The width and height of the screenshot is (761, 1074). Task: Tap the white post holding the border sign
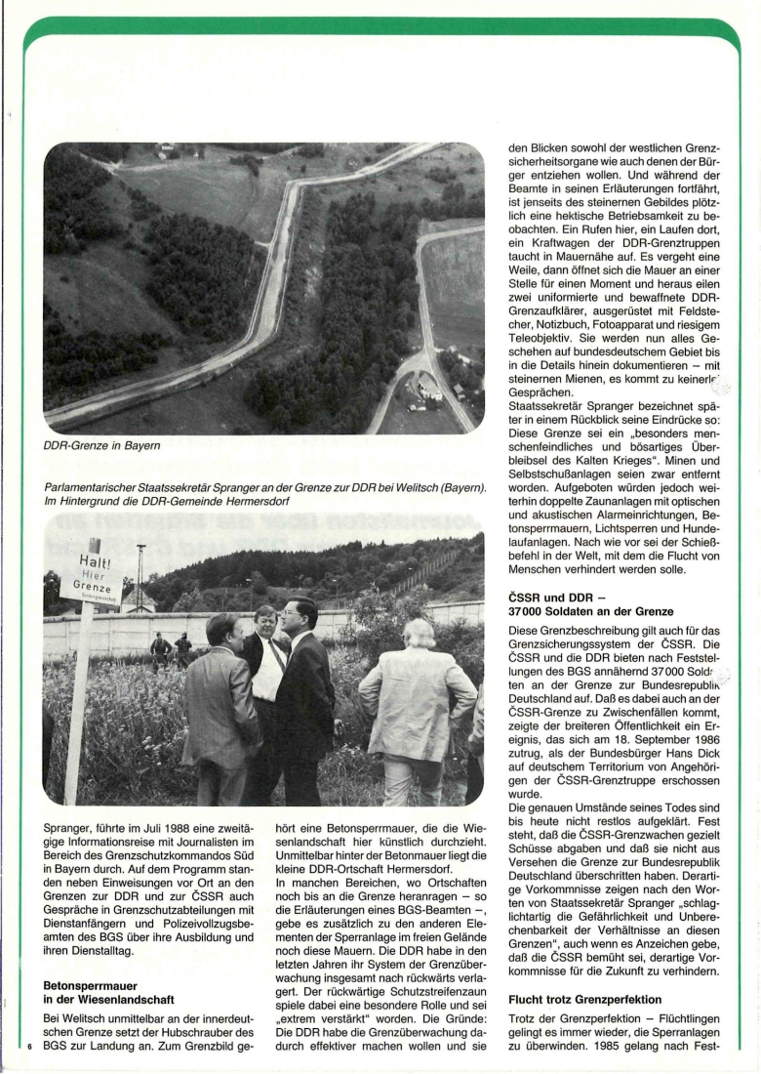click(x=76, y=703)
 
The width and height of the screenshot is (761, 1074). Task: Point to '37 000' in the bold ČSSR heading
click(x=532, y=611)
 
